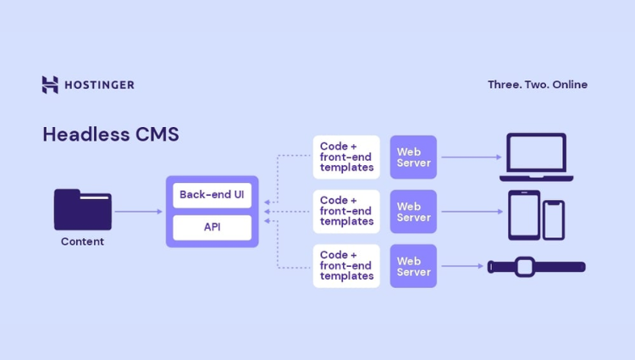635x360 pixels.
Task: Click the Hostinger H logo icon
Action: (x=50, y=85)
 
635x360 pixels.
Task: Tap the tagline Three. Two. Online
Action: (x=537, y=85)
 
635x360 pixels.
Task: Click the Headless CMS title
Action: (x=110, y=135)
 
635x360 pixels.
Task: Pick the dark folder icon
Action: (x=82, y=210)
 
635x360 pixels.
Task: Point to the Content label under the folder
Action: (x=82, y=241)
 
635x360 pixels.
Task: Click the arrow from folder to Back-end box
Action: (x=138, y=212)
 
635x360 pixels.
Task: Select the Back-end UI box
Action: (x=212, y=195)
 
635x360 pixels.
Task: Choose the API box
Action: (x=212, y=227)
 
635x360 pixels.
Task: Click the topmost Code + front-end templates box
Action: (x=346, y=157)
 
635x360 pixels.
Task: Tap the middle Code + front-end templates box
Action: (x=346, y=212)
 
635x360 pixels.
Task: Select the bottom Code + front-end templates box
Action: (x=346, y=266)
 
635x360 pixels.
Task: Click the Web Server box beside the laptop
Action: (x=413, y=157)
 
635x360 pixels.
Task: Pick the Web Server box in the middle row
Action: (x=413, y=212)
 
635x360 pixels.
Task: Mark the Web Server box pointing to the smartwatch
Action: (x=413, y=266)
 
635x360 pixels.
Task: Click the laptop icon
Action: (x=536, y=157)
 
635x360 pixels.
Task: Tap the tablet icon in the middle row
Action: (x=523, y=214)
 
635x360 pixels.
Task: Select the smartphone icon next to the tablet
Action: (x=554, y=219)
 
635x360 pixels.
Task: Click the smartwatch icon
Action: (x=536, y=266)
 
